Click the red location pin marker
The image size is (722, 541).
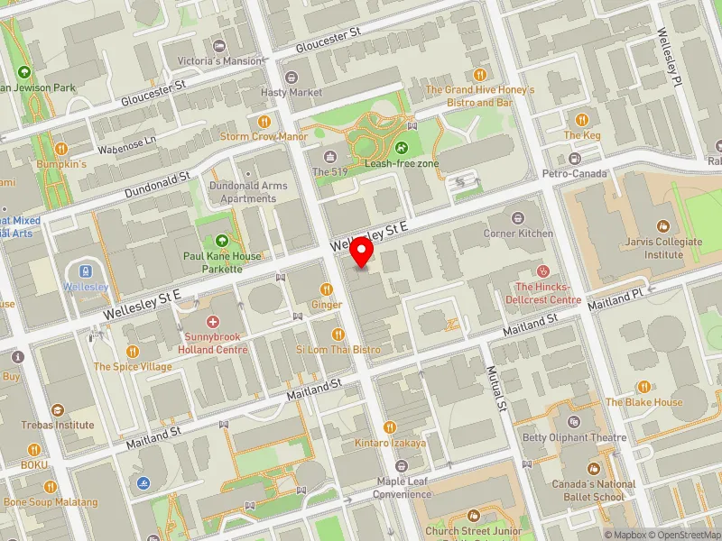pyautogui.click(x=362, y=252)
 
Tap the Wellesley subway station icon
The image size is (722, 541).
pyautogui.click(x=86, y=270)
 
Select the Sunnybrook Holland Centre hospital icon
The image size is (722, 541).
pyautogui.click(x=213, y=322)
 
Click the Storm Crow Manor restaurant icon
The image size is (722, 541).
pyautogui.click(x=264, y=121)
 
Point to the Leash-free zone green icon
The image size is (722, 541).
pyautogui.click(x=401, y=147)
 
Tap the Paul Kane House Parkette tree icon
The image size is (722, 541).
pyautogui.click(x=222, y=240)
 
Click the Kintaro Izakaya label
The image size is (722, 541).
pyautogui.click(x=390, y=443)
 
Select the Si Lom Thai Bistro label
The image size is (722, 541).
pyautogui.click(x=338, y=349)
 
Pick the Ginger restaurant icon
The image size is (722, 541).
pyautogui.click(x=327, y=289)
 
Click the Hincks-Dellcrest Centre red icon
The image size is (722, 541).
pyautogui.click(x=542, y=270)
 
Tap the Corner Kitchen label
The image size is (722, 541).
pyautogui.click(x=517, y=233)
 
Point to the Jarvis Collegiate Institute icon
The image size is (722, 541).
pyautogui.click(x=663, y=225)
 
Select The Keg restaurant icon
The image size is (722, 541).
pyautogui.click(x=582, y=119)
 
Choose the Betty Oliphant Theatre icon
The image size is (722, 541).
pyautogui.click(x=574, y=422)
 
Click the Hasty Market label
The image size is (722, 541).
pyautogui.click(x=291, y=92)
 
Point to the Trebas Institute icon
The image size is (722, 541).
pyautogui.click(x=59, y=409)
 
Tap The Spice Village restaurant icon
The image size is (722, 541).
pyautogui.click(x=133, y=351)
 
